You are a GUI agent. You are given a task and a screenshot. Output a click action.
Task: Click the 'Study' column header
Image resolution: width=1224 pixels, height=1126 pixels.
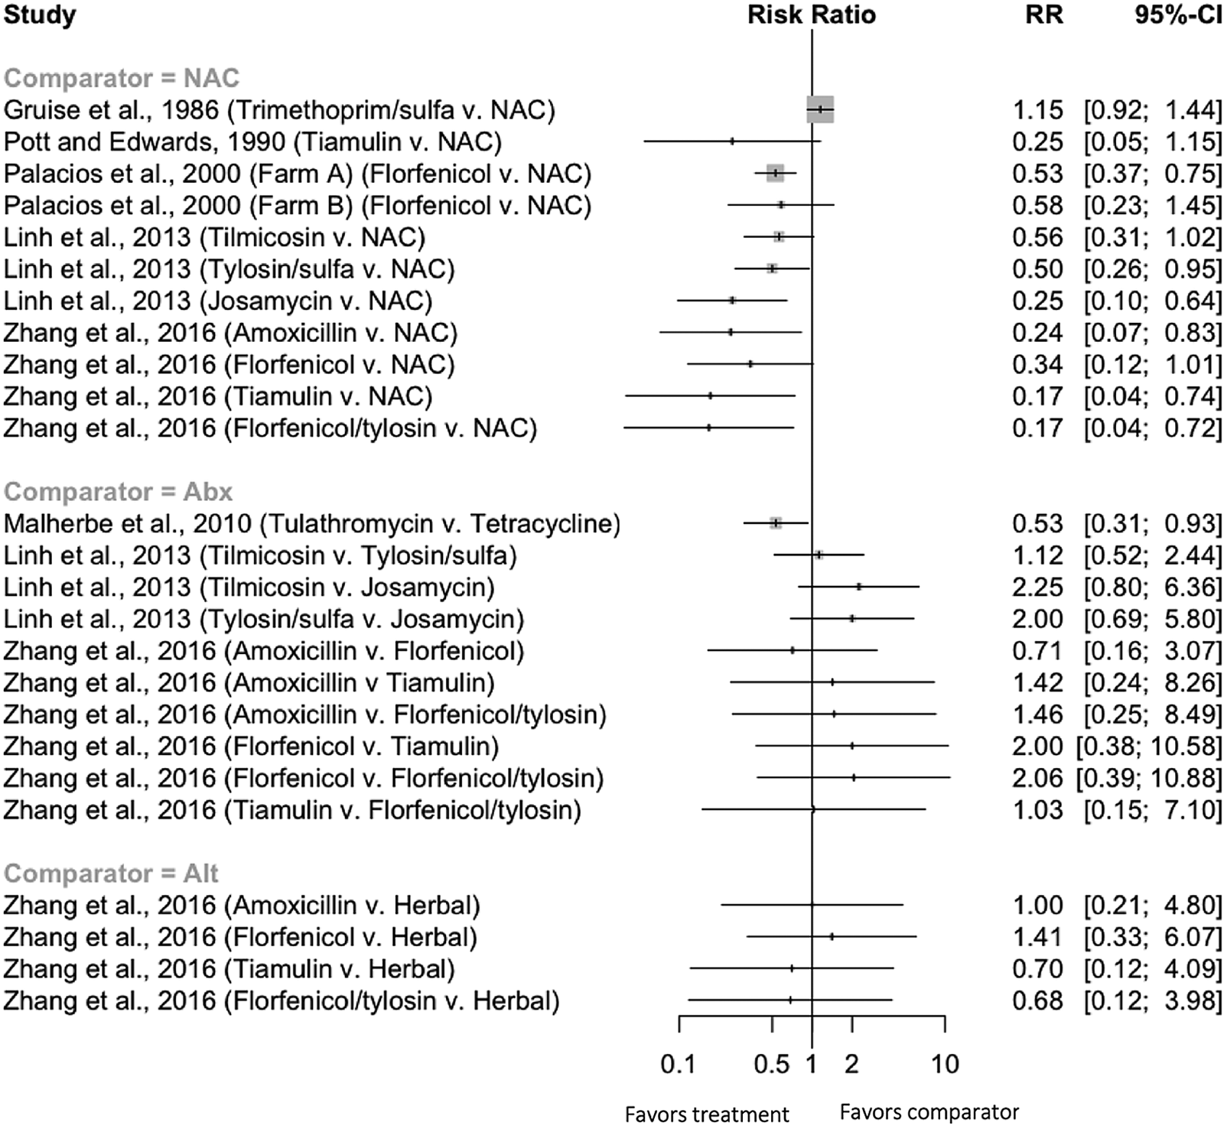[40, 15]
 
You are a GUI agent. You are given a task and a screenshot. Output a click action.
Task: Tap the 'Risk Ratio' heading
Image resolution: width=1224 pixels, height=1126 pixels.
[811, 15]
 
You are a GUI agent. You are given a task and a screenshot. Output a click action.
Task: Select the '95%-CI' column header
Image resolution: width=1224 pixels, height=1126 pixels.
[1178, 15]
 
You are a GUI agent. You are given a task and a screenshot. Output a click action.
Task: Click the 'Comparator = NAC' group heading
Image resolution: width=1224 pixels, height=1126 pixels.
[122, 78]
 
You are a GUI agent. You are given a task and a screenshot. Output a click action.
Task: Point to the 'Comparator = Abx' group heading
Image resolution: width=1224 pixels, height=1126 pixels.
[118, 491]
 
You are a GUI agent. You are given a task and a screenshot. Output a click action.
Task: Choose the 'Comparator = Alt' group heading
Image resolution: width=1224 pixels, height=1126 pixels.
[111, 873]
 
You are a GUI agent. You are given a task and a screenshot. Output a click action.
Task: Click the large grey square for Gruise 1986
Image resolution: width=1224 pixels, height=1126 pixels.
[820, 109]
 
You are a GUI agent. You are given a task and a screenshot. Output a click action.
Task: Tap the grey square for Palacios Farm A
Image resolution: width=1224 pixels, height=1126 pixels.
[775, 174]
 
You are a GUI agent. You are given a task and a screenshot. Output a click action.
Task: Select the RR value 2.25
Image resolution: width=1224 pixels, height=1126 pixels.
[1037, 587]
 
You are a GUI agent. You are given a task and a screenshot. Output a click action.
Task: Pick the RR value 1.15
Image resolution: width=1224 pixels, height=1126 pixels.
[1037, 110]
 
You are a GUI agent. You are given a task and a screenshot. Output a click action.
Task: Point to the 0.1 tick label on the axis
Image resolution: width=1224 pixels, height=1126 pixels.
[679, 1063]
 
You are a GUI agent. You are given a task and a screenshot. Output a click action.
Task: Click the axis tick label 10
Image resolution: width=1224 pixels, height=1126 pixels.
[945, 1063]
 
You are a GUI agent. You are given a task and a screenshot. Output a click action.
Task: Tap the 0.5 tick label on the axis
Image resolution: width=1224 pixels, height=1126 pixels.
[771, 1063]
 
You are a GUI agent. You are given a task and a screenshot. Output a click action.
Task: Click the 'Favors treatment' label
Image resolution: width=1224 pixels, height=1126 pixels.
[707, 1115]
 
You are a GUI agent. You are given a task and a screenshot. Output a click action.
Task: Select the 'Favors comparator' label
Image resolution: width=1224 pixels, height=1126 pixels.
[929, 1112]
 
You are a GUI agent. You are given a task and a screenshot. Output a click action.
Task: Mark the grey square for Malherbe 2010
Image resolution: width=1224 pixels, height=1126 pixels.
[776, 523]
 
